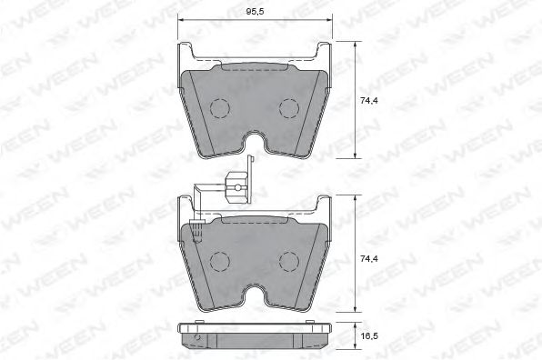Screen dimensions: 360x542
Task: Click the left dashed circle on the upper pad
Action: (222, 109)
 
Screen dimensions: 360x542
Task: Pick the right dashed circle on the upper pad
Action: (290, 109)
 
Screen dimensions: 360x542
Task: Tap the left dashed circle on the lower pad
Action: (222, 264)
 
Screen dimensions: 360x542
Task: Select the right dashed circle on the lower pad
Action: (290, 264)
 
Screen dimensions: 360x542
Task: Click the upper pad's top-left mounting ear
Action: (187, 52)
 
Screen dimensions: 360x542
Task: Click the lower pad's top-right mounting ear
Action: (324, 205)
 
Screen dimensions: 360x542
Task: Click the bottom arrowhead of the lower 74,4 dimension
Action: (353, 312)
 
